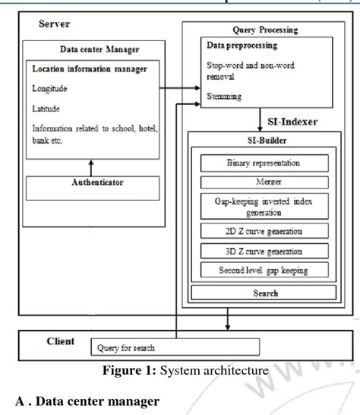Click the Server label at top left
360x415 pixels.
coord(55,24)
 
